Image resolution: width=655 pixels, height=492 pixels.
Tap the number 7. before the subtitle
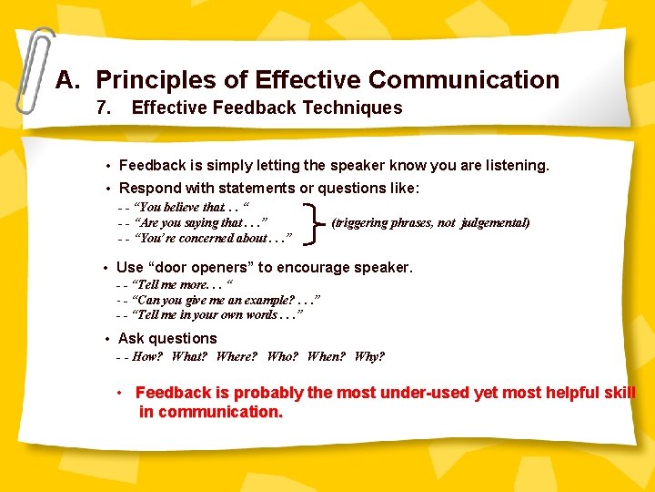coord(105,108)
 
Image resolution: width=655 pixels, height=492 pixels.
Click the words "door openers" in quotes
coord(196,267)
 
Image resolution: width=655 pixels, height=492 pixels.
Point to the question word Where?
coord(237,356)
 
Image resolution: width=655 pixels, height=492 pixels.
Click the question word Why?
coord(369,356)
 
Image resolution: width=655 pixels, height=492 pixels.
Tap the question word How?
coord(146,356)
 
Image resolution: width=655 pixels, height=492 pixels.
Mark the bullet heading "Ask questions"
coord(167,338)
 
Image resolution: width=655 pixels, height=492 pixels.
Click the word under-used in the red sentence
coord(428,393)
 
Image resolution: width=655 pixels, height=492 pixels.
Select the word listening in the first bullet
coord(516,166)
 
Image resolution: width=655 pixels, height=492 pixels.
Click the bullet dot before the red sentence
coord(119,393)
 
